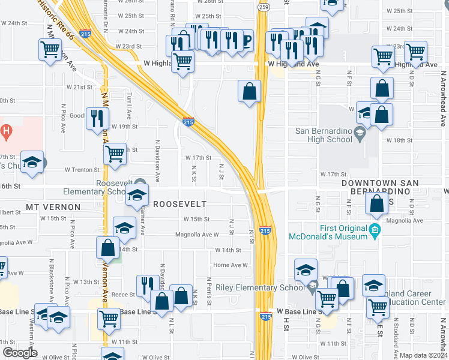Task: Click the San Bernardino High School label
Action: [324, 136]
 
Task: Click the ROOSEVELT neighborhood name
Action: [179, 204]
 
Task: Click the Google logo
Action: [20, 353]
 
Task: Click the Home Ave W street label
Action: [231, 265]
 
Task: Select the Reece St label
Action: [121, 295]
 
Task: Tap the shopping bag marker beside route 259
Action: [250, 92]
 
